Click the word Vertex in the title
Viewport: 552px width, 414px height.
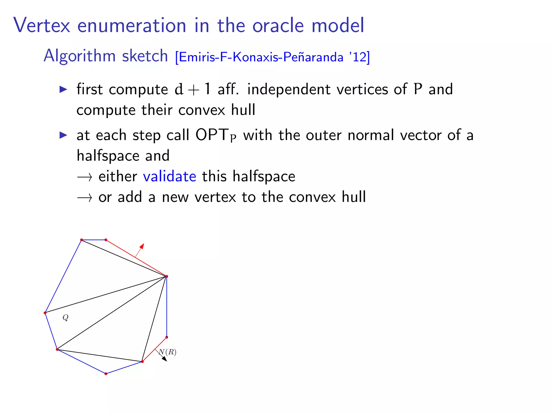42,25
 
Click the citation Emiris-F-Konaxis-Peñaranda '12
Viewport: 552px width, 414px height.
272,57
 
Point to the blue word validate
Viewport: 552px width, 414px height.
170,177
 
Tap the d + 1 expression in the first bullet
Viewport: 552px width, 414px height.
192,89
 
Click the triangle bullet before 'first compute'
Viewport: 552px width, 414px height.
63,89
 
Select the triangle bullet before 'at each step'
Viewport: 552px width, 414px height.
63,135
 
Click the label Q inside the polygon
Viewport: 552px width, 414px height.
65,318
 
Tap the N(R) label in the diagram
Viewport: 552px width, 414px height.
168,352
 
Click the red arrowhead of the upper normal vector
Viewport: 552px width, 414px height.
142,246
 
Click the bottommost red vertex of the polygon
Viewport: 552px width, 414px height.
106,374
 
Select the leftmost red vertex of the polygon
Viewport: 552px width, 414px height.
45,313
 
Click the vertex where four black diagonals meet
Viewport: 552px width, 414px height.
167,276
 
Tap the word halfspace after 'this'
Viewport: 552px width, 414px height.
264,177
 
